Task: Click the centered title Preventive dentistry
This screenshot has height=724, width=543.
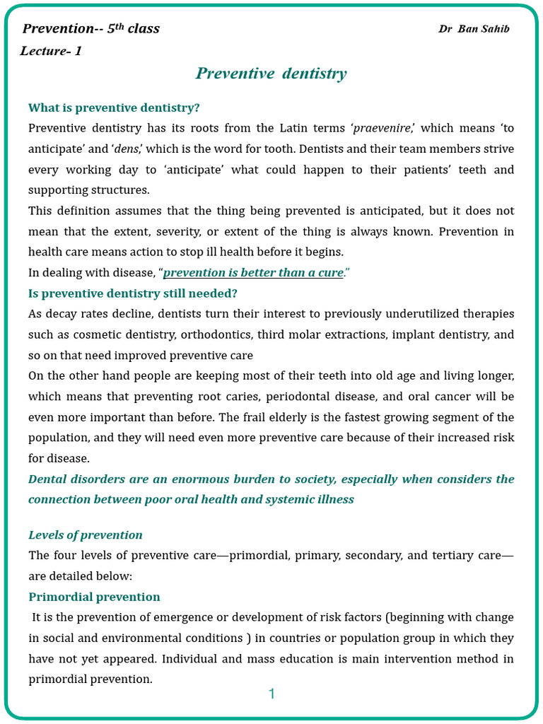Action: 271,74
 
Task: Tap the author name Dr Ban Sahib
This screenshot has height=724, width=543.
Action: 474,29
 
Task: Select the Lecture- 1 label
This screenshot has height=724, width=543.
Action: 51,51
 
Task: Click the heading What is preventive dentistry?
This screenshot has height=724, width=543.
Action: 114,107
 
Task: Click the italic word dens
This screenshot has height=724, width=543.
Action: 127,149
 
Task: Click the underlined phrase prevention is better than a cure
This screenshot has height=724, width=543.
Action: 253,273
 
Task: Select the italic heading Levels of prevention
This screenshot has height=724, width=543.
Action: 86,535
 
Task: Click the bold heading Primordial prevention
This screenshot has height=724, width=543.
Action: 94,597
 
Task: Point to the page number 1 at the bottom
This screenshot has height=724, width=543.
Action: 271,694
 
